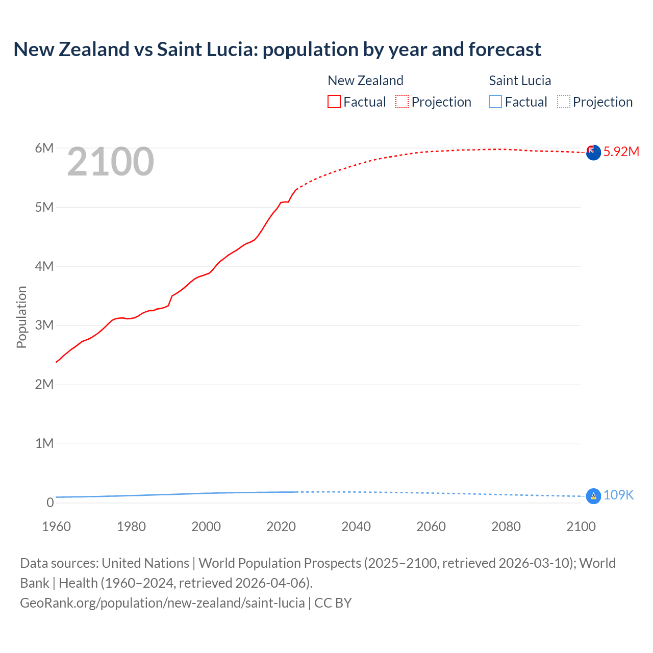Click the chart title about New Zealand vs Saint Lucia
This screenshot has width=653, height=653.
277,49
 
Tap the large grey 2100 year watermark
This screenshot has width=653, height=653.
110,162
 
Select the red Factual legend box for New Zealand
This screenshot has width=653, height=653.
334,102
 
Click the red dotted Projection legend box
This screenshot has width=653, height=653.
402,102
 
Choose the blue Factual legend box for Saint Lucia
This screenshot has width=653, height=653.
495,102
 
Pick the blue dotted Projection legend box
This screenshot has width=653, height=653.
563,102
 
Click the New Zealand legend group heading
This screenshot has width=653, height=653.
365,81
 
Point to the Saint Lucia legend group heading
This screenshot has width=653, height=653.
520,81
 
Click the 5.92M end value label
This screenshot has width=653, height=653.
621,152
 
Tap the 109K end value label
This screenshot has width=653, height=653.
618,495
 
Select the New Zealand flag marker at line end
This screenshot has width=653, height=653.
593,152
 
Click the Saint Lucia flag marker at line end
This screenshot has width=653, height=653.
593,496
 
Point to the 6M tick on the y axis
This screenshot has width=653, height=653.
44,148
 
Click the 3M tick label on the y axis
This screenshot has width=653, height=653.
44,325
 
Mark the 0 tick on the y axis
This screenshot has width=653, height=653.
50,503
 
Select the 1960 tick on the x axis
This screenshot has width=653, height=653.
56,526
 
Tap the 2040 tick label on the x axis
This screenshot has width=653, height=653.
356,526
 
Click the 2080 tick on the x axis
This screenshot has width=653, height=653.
506,526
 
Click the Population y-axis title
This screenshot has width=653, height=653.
21,317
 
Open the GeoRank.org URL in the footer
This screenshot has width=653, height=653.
162,603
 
